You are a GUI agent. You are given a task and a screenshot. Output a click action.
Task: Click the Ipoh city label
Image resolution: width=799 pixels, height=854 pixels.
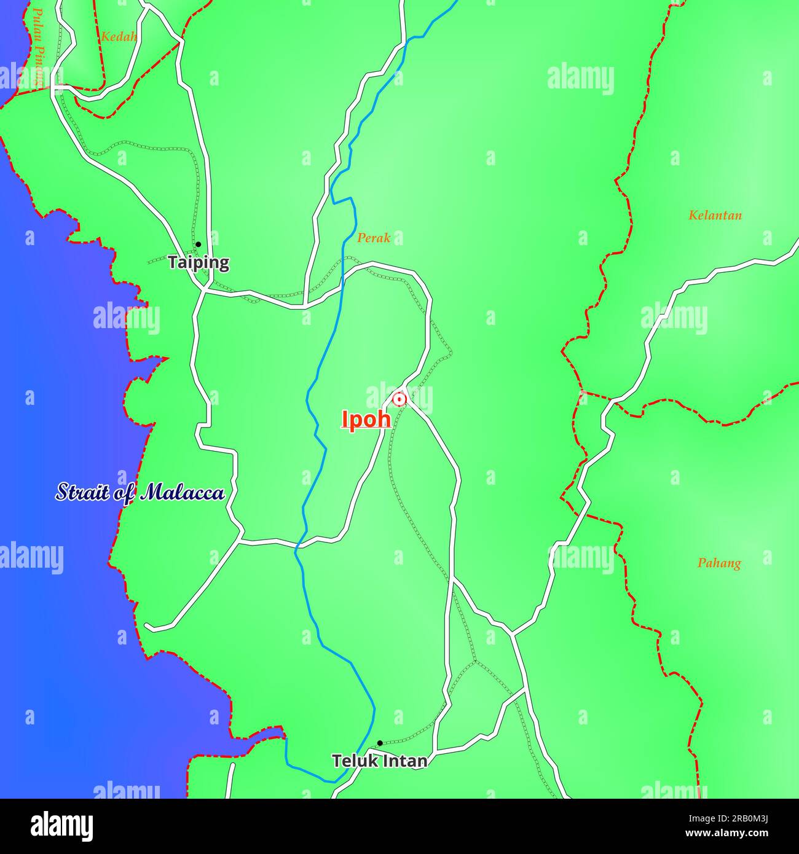[x=366, y=419]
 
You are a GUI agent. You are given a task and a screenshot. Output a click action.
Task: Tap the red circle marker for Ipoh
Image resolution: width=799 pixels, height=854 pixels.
[x=399, y=399]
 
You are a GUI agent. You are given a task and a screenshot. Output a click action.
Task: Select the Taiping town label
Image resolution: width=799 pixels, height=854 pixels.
[x=199, y=262]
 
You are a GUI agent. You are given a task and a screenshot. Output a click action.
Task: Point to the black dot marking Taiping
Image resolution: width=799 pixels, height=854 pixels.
[x=198, y=245]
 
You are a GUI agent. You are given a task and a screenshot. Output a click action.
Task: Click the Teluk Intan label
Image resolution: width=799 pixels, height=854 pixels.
[x=379, y=761]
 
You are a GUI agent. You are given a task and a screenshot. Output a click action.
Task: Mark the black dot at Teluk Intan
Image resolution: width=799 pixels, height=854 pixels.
[x=380, y=743]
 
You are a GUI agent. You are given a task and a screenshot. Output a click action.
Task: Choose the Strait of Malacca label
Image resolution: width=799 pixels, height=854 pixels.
[x=140, y=492]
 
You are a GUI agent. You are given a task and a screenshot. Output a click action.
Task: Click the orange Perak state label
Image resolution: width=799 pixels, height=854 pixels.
[x=374, y=238]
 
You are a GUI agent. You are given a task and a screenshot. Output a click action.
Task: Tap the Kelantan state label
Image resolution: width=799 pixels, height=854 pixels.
[x=715, y=215]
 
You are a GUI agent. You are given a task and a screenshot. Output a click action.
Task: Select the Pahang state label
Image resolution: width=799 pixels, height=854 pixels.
[x=718, y=563]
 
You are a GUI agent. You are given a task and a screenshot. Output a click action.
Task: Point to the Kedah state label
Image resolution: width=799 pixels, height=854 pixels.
[x=119, y=36]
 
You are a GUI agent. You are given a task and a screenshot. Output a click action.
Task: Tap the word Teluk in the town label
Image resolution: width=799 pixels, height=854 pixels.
[x=353, y=761]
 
